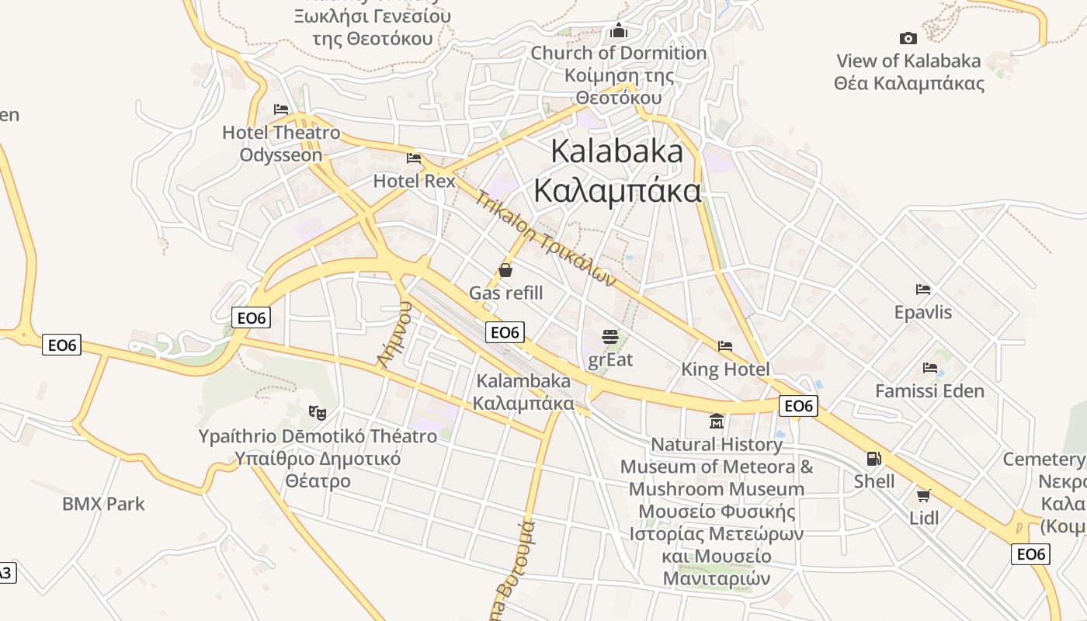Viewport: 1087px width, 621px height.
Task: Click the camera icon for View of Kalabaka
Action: tap(908, 38)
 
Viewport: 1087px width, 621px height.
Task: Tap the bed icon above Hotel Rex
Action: tap(414, 158)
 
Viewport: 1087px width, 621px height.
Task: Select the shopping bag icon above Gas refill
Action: tap(505, 270)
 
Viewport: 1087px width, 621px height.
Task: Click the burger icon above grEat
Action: tap(610, 337)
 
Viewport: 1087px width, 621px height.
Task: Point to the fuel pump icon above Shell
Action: tap(874, 459)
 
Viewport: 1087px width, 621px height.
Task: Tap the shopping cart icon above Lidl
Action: tap(923, 495)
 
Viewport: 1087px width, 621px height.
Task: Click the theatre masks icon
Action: tap(317, 412)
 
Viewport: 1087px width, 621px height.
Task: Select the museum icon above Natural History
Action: tap(716, 422)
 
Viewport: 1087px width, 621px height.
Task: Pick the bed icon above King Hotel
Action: tap(725, 346)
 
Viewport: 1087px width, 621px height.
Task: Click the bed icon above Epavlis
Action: tap(922, 290)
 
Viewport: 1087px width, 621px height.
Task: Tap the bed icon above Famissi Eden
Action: tap(929, 368)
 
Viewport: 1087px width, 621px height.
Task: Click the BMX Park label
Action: tap(103, 504)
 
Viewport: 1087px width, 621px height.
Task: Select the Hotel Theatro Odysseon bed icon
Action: tap(281, 109)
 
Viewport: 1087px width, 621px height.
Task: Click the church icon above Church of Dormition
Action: tap(619, 30)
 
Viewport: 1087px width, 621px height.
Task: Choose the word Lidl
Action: tap(924, 518)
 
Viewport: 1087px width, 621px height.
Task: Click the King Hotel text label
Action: tap(725, 369)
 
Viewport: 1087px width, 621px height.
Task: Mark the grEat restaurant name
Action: tap(610, 359)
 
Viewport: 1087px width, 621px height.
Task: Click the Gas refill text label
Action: tap(505, 293)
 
